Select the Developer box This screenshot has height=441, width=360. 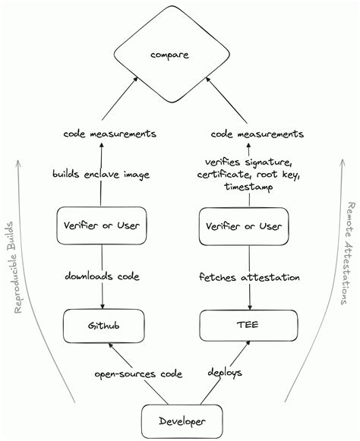pos(179,420)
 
